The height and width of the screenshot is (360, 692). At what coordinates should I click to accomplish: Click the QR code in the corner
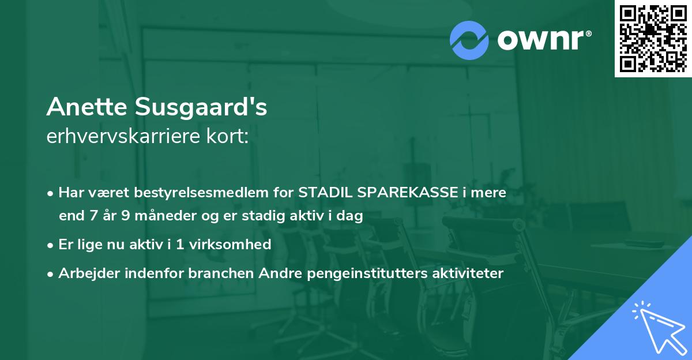(x=653, y=39)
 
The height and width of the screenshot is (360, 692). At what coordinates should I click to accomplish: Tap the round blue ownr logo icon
(x=468, y=40)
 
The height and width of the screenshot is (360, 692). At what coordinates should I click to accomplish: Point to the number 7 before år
(x=93, y=216)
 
